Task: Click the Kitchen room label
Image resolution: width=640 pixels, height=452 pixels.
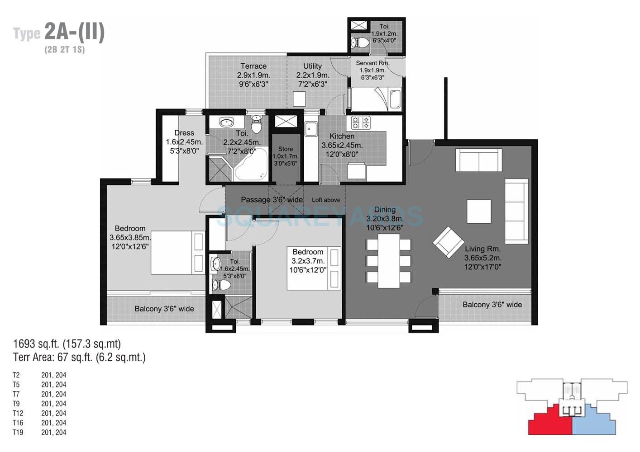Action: (342, 136)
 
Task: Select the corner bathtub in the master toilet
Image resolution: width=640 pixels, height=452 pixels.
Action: (250, 169)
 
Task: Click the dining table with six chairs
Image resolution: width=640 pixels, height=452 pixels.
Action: (388, 263)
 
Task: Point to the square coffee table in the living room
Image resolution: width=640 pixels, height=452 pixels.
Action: (478, 212)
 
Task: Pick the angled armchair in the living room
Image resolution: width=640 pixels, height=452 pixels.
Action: (448, 242)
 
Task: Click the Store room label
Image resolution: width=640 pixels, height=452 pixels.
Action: (285, 149)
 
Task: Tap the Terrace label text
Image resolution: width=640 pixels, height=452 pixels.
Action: (253, 66)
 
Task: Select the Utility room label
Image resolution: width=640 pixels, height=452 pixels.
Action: (312, 66)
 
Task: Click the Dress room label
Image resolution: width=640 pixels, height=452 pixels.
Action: (184, 133)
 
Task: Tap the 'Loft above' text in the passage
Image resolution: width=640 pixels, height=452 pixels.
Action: (326, 200)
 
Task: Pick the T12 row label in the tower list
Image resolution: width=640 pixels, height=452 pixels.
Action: (18, 413)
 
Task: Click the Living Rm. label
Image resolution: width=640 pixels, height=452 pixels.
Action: (482, 249)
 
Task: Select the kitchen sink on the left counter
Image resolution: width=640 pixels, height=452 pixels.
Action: (310, 129)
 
